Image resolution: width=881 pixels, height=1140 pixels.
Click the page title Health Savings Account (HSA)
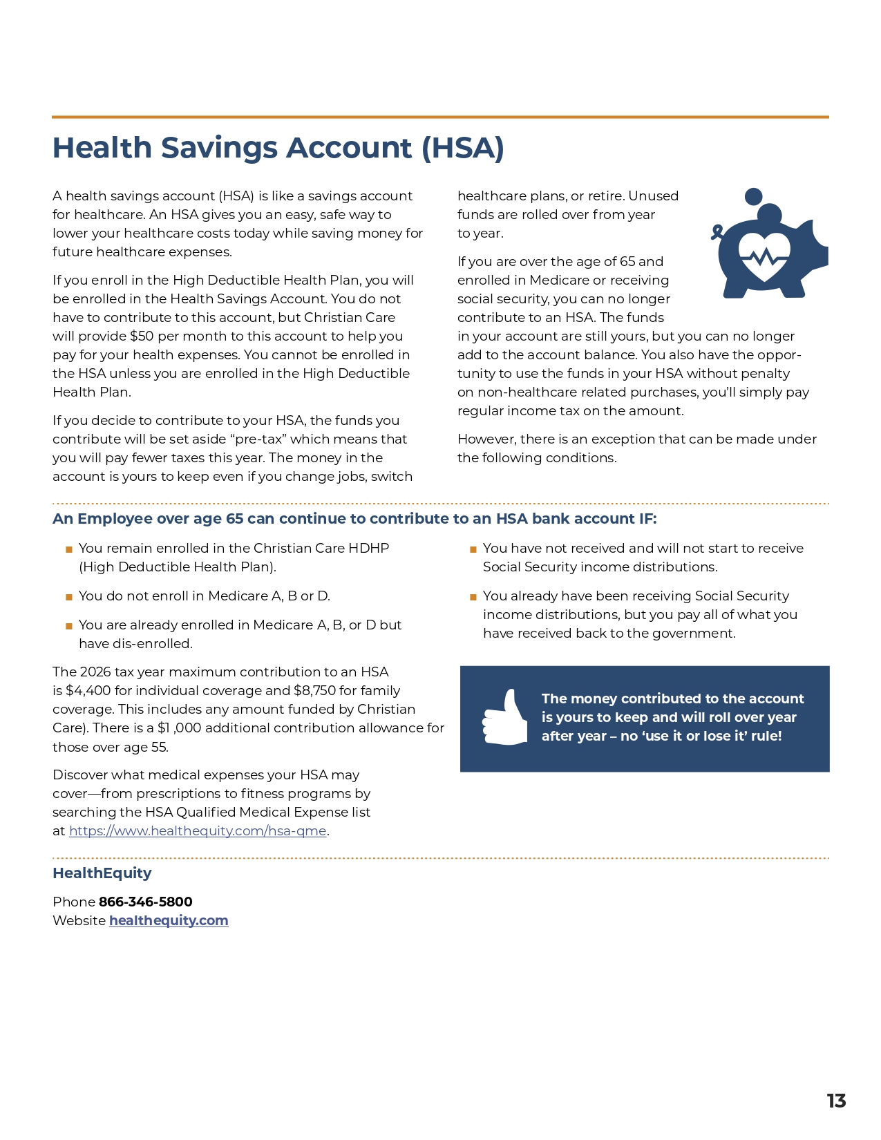(x=278, y=148)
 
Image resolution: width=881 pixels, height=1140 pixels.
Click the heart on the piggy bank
(x=764, y=256)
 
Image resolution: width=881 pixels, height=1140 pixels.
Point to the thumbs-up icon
(x=505, y=719)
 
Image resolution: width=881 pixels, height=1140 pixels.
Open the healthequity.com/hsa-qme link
(x=198, y=831)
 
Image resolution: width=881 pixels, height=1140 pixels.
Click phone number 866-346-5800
(x=145, y=902)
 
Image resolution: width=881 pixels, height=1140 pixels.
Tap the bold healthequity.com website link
(x=169, y=920)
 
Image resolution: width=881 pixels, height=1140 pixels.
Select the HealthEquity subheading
(x=102, y=873)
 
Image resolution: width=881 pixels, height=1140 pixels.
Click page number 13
(x=836, y=1101)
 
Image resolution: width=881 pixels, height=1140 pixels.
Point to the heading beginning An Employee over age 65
(x=354, y=519)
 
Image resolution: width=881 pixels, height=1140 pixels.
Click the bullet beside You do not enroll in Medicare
(x=69, y=597)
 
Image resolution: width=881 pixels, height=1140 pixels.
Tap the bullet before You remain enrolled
(x=69, y=549)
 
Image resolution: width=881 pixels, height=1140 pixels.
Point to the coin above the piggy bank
(x=754, y=196)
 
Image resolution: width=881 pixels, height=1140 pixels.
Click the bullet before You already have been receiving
(x=473, y=597)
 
